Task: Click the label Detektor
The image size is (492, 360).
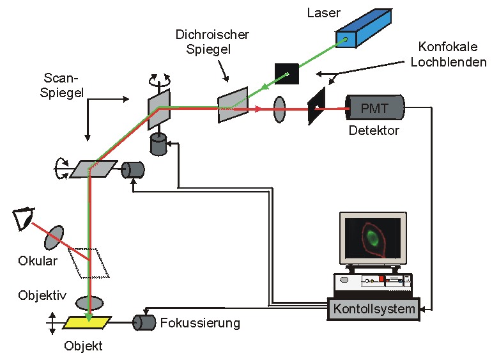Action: pos(374,131)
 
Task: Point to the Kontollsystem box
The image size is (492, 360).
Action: pos(374,309)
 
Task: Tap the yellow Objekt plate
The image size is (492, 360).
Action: pos(86,322)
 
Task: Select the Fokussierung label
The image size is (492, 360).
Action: pos(200,323)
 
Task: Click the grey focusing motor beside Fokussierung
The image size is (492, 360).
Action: pos(145,322)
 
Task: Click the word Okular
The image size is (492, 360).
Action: pos(38,261)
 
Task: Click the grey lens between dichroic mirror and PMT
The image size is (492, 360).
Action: pos(279,109)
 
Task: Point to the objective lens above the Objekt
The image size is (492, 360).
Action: pos(90,302)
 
